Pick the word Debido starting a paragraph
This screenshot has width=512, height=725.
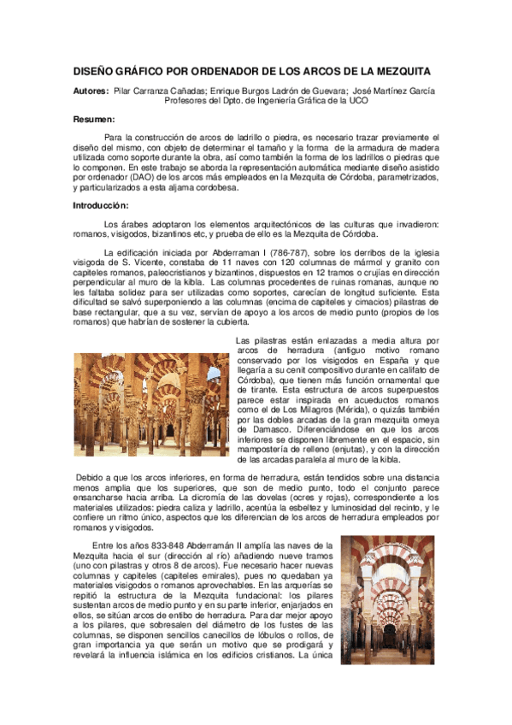[x=91, y=475]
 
